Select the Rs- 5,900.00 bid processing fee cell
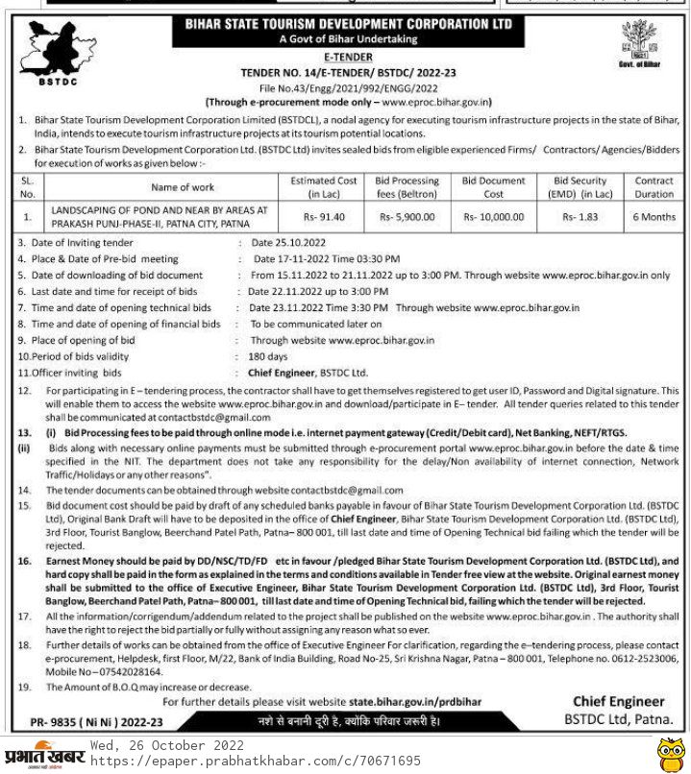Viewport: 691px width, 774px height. click(x=407, y=217)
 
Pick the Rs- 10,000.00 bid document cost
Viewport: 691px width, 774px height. click(x=493, y=217)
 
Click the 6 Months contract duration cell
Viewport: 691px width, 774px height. click(x=654, y=217)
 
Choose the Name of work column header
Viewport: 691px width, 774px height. click(x=183, y=187)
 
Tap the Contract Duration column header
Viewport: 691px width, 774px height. click(x=654, y=187)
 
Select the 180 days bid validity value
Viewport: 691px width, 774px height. click(x=256, y=355)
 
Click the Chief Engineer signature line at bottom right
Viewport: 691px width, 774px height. click(x=618, y=702)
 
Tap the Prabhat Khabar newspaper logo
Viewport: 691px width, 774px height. click(x=45, y=754)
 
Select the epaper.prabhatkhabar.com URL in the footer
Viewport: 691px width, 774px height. click(x=255, y=761)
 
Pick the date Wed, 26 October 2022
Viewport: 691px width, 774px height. click(x=167, y=745)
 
